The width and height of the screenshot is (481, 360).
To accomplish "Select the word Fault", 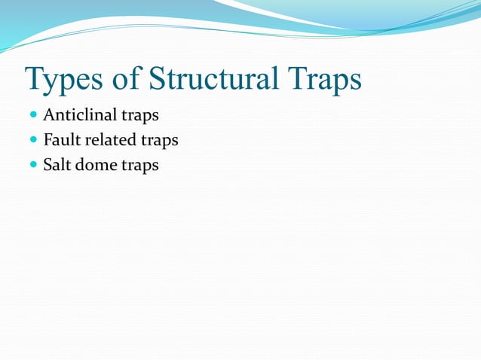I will tap(61, 140).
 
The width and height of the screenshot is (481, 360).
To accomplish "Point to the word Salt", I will tap(57, 164).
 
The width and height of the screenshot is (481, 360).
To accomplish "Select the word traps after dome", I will tap(140, 166).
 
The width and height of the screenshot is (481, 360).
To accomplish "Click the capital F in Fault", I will tap(47, 140).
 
